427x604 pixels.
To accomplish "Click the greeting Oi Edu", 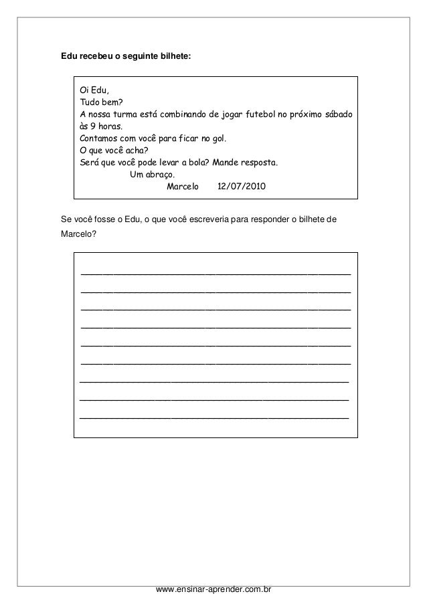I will click(x=94, y=90).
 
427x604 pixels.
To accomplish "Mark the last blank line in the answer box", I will click(x=214, y=418).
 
